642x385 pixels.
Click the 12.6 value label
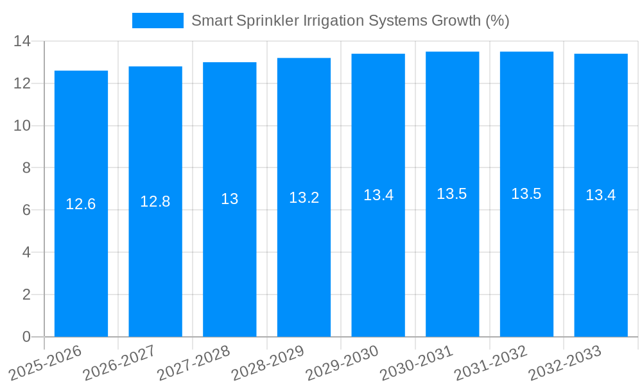(81, 204)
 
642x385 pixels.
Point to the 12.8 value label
(155, 201)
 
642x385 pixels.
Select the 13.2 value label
(304, 198)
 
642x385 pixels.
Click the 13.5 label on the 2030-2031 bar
(452, 194)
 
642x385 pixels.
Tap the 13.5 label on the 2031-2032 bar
(526, 194)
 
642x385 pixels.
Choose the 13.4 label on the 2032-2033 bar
(601, 195)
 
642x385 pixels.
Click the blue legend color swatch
(157, 21)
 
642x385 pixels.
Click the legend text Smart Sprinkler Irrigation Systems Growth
(350, 21)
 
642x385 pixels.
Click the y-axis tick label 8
(26, 168)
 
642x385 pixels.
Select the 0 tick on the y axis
(26, 337)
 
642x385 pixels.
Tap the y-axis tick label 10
(22, 126)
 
